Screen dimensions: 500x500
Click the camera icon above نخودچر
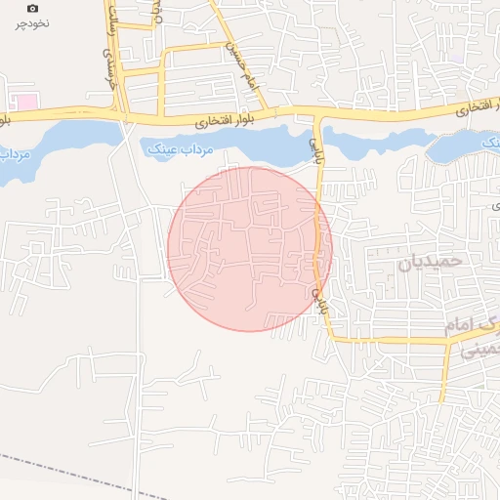tap(32, 8)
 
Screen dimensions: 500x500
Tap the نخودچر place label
tap(32, 22)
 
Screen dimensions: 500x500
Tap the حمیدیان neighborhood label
tap(428, 264)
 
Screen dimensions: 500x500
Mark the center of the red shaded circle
tap(250, 249)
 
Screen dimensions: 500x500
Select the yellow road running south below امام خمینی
tap(444, 376)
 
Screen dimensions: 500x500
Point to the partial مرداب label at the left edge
tap(14, 153)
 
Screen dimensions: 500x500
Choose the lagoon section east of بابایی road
tap(376, 145)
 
